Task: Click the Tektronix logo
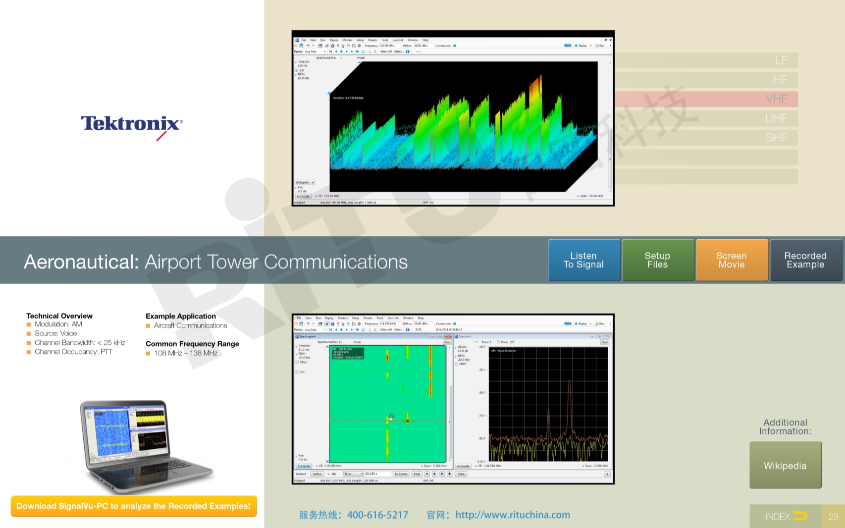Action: coord(132,124)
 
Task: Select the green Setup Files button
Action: coord(657,260)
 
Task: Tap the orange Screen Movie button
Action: coord(732,260)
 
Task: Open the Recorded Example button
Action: coord(805,260)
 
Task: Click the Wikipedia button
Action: coord(785,466)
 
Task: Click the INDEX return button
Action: coord(786,516)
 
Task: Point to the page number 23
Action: coord(834,516)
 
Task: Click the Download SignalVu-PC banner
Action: coord(134,506)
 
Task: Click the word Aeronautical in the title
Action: coord(81,262)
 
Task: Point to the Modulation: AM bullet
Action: coord(58,324)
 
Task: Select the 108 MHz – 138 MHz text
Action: coord(186,353)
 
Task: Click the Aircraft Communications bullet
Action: coord(190,325)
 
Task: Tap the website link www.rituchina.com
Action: coord(513,515)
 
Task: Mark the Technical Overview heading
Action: coord(59,316)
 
